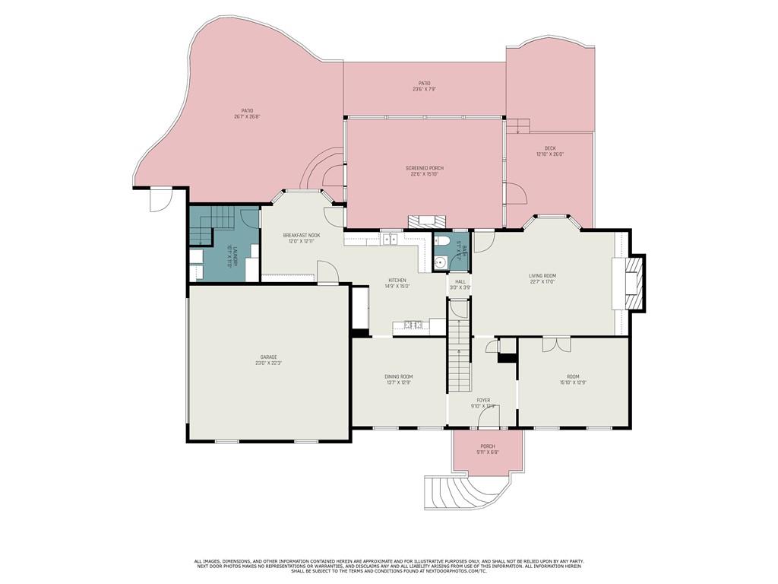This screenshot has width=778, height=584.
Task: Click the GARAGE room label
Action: pos(268,357)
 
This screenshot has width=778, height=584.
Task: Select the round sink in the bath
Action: pos(439,263)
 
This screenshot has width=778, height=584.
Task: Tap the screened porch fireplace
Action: pos(424,221)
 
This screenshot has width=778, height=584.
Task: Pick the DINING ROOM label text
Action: pos(398,376)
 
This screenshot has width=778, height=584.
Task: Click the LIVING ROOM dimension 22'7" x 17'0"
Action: pos(542,281)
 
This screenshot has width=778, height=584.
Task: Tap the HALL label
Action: pos(460,281)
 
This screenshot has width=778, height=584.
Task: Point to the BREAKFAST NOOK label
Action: pos(302,235)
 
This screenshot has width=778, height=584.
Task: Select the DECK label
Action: pos(549,148)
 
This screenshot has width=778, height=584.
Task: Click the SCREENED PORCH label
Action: pos(425,168)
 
